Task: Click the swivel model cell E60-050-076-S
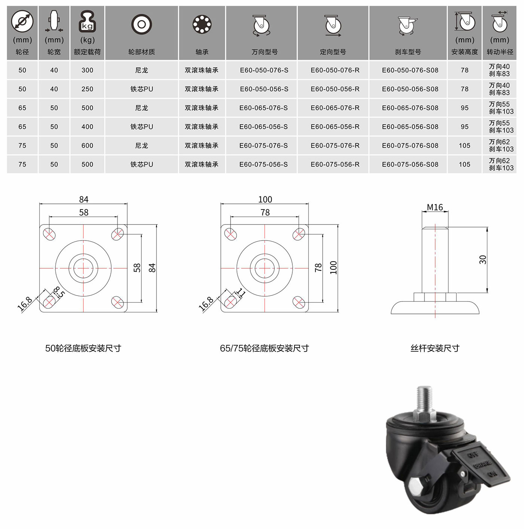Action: coord(264,70)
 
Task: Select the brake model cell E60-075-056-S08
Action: coord(410,165)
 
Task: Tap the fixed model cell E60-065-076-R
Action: coord(335,108)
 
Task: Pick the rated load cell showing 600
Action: coord(87,146)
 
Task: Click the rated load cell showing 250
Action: coord(87,89)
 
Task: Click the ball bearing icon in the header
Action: coord(202,24)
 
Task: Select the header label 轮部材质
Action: coord(141,52)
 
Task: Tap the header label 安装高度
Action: coord(464,52)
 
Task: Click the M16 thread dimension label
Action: coord(435,207)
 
